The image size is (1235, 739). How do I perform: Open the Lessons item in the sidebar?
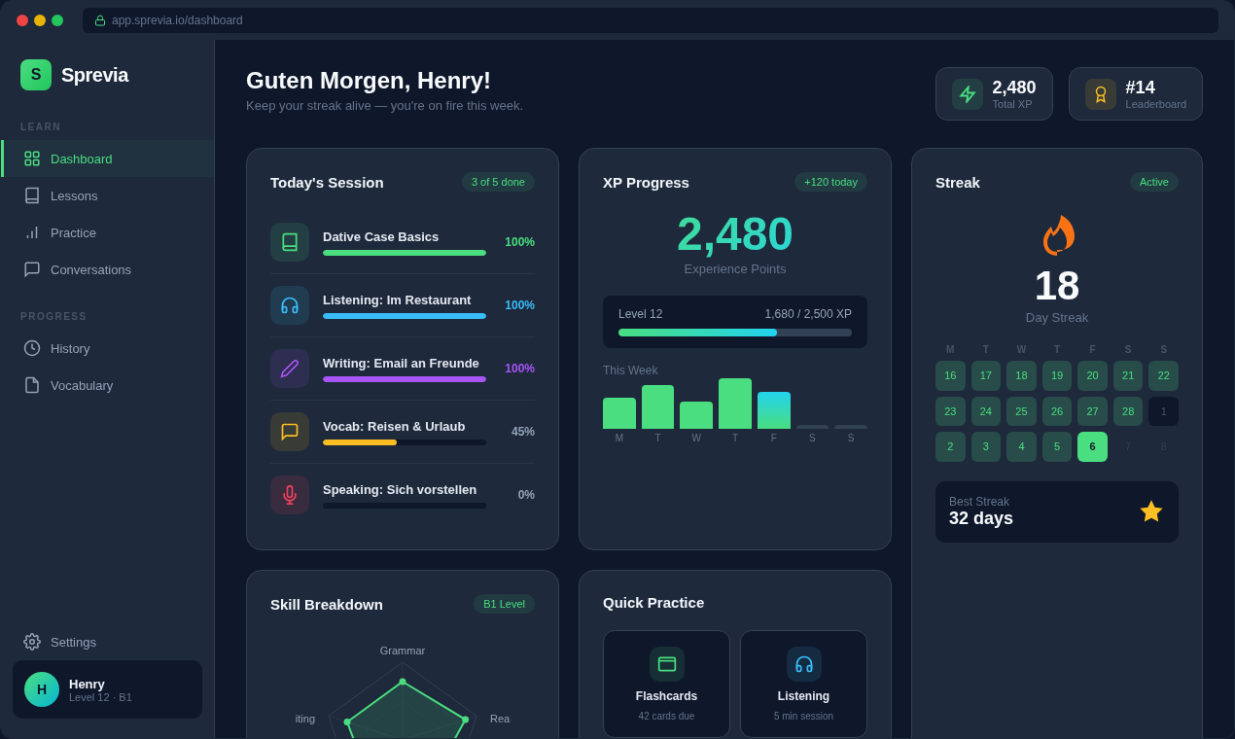click(x=74, y=195)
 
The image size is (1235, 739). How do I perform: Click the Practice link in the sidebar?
click(x=73, y=232)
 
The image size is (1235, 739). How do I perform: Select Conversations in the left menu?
click(x=90, y=269)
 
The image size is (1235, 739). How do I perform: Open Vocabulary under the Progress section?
click(x=82, y=385)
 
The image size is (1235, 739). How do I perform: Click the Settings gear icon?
click(x=32, y=642)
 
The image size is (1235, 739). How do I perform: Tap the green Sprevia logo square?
click(x=36, y=75)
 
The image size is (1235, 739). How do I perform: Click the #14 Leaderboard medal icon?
click(x=1101, y=94)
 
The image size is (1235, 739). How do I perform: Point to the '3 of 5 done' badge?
click(x=498, y=182)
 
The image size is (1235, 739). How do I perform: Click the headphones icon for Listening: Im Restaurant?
click(x=290, y=305)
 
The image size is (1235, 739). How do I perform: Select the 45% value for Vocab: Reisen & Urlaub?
click(x=523, y=432)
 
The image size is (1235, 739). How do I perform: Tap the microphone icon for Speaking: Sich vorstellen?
click(x=290, y=495)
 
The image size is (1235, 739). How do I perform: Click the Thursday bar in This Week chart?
click(x=735, y=404)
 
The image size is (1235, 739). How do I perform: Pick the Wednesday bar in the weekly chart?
click(x=696, y=415)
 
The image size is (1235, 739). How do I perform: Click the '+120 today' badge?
click(x=830, y=182)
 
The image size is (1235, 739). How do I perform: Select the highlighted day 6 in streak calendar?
click(x=1092, y=446)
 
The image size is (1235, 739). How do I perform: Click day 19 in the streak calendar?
click(x=1057, y=375)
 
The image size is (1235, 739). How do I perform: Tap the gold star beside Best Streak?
click(x=1151, y=511)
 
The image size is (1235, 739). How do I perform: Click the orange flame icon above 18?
click(x=1057, y=235)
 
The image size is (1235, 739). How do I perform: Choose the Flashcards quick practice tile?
click(x=666, y=684)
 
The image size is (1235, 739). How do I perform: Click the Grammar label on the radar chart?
click(x=403, y=651)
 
